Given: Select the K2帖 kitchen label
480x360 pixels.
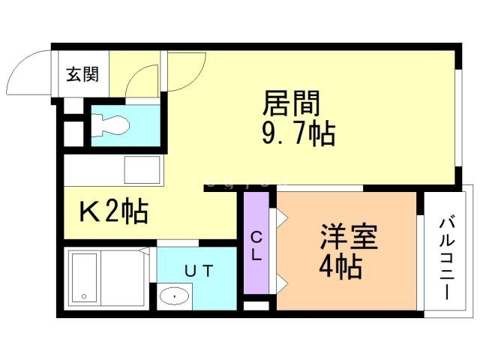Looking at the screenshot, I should (x=113, y=213).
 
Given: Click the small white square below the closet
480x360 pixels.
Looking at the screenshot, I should (x=256, y=306).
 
